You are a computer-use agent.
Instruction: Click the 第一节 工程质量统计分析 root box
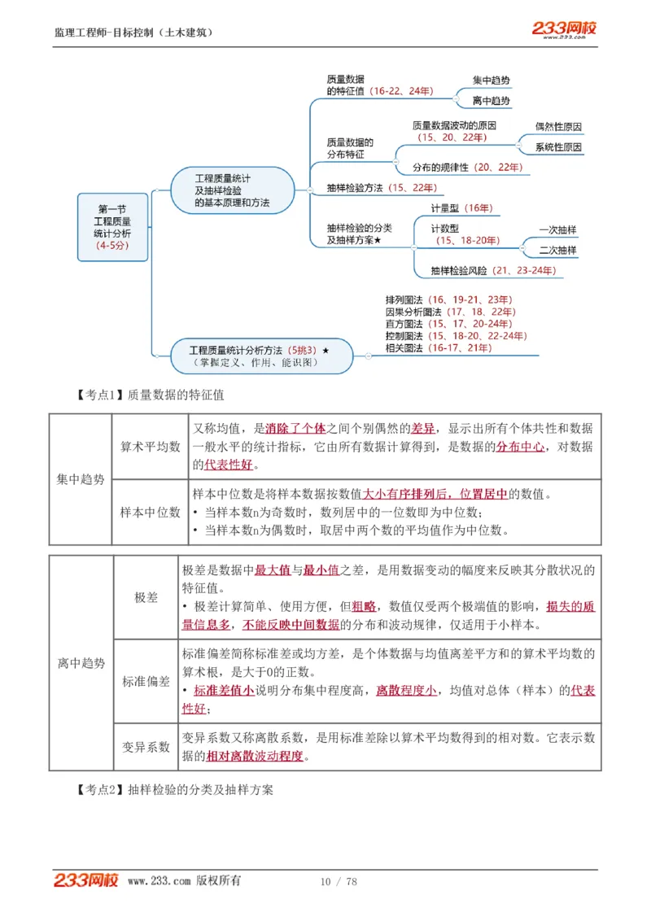112,227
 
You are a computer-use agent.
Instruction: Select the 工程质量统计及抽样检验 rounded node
233,190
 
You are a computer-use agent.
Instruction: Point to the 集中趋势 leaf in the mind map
492,81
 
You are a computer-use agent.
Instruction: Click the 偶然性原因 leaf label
558,127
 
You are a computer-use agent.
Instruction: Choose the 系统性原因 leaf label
558,147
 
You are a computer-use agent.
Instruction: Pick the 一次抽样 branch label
557,230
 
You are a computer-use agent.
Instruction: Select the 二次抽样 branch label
557,251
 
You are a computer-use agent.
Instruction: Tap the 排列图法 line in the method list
448,299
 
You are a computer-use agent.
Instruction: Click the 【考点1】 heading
150,395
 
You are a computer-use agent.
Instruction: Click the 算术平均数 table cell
151,447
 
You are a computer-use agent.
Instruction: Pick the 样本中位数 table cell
151,513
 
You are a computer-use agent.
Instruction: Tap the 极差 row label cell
146,598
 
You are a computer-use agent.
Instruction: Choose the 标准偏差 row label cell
146,682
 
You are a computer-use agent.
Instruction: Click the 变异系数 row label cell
146,747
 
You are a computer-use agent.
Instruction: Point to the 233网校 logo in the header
564,29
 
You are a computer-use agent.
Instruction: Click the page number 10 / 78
339,882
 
